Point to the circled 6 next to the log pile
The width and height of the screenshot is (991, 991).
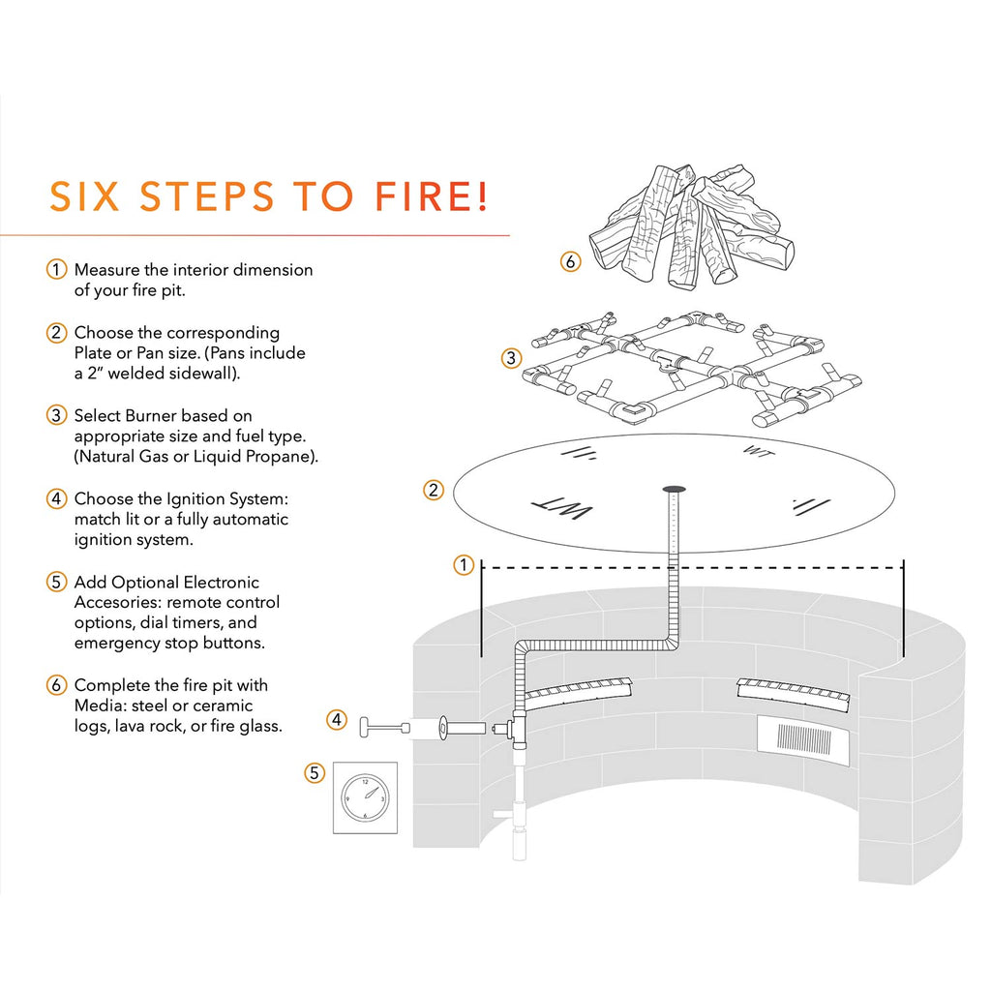[x=571, y=261]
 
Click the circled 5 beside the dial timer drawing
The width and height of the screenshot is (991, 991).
[x=314, y=772]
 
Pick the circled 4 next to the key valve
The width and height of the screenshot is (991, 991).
[x=336, y=719]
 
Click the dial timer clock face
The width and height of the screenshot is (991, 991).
[x=365, y=797]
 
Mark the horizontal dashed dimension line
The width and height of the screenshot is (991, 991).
[x=691, y=567]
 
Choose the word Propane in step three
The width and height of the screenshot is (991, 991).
[x=277, y=456]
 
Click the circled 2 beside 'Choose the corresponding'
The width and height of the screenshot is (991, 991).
[x=58, y=333]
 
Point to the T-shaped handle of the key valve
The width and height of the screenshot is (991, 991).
[x=369, y=727]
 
